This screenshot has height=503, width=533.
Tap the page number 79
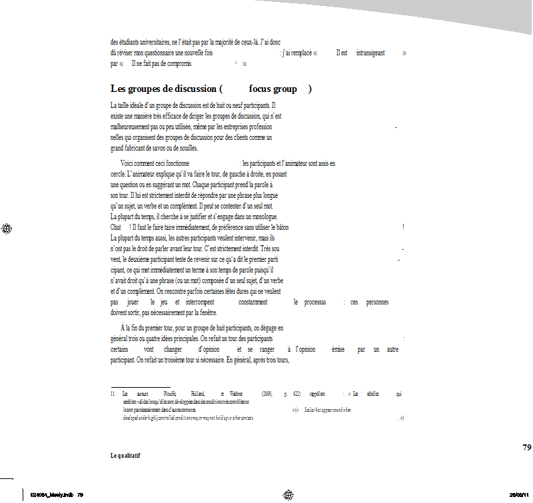point(527,447)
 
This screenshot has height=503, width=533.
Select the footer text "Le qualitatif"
point(125,456)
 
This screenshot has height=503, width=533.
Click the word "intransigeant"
point(370,53)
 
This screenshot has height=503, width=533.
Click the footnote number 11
point(113,394)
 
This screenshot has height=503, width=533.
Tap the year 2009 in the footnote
point(267,394)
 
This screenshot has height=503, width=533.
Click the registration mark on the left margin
point(7,229)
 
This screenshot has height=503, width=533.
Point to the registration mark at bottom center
point(288,494)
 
